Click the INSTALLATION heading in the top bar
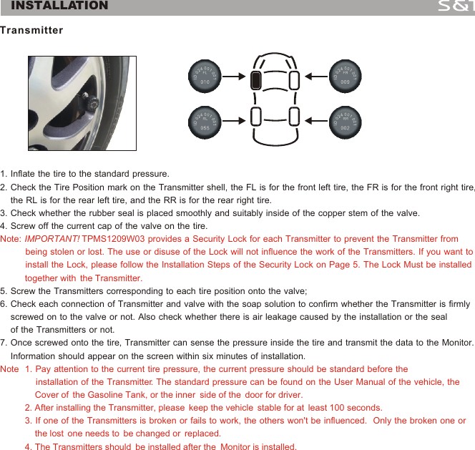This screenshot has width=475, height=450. pos(60,6)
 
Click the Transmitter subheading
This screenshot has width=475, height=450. pos(31,31)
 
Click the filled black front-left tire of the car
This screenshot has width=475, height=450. pos(255,79)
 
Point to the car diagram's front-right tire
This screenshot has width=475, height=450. pos(293,79)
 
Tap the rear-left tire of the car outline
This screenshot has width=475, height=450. pos(255,116)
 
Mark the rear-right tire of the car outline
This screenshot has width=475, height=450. pos(293,116)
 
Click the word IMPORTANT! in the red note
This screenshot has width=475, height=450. pos(52,239)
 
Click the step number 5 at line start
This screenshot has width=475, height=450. pos(4,291)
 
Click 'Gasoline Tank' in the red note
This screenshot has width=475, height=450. pos(115,395)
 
